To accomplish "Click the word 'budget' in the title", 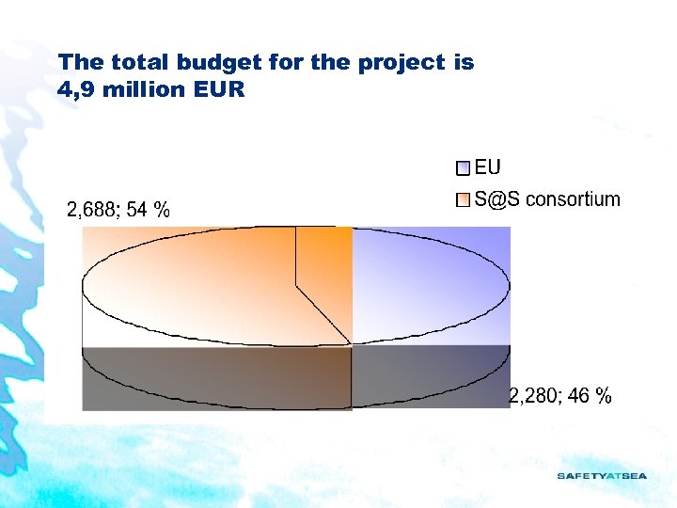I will coord(197,63).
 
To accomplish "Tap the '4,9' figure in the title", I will coord(74,91).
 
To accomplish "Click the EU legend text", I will coord(487,167).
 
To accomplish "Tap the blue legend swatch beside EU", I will coord(462,169).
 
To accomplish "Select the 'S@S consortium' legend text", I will coord(546,199).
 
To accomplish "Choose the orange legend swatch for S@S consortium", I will coord(462,200).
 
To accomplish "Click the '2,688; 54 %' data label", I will coord(118,210).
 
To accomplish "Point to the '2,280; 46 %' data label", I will coord(560,396).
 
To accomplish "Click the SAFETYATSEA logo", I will coord(602,476).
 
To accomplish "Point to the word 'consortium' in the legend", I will coord(573,199).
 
